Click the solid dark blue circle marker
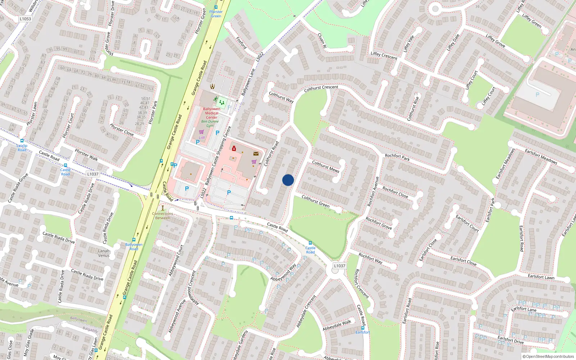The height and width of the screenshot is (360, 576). pyautogui.click(x=288, y=180)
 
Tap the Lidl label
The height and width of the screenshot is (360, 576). pyautogui.click(x=202, y=138)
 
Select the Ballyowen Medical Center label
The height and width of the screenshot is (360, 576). pyautogui.click(x=212, y=113)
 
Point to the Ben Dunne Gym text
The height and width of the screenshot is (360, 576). pyautogui.click(x=210, y=123)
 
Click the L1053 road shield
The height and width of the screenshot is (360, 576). pyautogui.click(x=25, y=19)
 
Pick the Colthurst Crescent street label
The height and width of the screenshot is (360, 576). pyautogui.click(x=321, y=88)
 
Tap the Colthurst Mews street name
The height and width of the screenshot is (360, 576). pyautogui.click(x=325, y=166)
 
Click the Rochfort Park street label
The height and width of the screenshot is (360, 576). pyautogui.click(x=397, y=157)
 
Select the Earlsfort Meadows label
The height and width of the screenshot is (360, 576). pyautogui.click(x=541, y=157)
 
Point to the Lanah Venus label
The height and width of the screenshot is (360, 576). pyautogui.click(x=104, y=253)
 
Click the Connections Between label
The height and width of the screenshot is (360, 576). pyautogui.click(x=163, y=216)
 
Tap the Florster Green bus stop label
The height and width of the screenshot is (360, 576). pyautogui.click(x=216, y=14)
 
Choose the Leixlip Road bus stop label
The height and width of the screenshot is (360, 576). pyautogui.click(x=22, y=148)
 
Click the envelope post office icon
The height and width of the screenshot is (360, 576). pyautogui.click(x=256, y=154)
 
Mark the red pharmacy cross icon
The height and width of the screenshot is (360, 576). pyautogui.click(x=234, y=148)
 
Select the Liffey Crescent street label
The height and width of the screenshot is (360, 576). pyautogui.click(x=384, y=55)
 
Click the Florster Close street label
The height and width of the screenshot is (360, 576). pyautogui.click(x=122, y=130)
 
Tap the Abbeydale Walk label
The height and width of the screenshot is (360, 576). pyautogui.click(x=337, y=325)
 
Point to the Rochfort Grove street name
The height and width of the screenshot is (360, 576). pyautogui.click(x=378, y=223)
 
